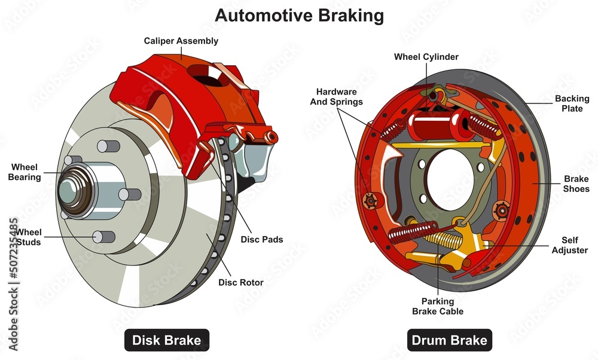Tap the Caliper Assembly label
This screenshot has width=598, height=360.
[x=181, y=41]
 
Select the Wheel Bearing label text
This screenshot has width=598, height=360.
[x=26, y=172]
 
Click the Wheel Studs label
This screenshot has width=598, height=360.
[x=28, y=237]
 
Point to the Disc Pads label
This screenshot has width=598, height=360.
[x=261, y=240]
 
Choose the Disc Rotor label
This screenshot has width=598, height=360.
[x=240, y=282]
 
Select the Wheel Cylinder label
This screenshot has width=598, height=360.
[x=426, y=57]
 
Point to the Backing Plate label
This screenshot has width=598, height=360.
[x=572, y=103]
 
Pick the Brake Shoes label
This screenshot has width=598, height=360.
[x=576, y=184]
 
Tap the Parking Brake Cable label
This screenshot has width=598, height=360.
[x=437, y=306]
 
